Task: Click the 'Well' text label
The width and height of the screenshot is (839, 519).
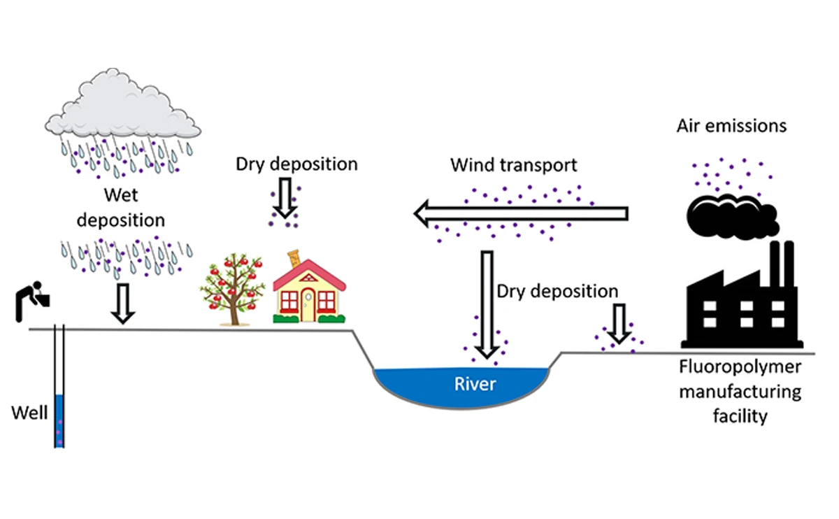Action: tap(29, 413)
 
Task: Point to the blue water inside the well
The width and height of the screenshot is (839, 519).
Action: tap(59, 420)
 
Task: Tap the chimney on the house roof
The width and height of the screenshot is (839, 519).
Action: tap(295, 259)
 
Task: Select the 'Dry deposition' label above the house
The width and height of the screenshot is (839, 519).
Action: tap(296, 164)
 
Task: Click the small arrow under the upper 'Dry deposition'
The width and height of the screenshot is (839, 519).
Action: tap(283, 201)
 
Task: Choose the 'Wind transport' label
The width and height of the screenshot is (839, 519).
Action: tap(514, 166)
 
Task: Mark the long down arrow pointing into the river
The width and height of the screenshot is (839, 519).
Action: tap(487, 301)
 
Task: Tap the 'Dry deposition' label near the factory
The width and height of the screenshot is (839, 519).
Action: tap(557, 290)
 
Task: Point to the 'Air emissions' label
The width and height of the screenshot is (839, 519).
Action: tap(731, 127)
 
